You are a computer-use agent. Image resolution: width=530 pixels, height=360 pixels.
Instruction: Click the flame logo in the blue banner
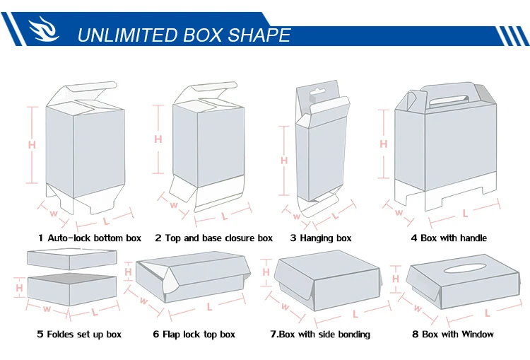pos(44,29)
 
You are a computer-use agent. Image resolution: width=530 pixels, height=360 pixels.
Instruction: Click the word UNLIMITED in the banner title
pos(127,35)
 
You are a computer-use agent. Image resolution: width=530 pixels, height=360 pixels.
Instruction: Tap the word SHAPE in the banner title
pos(259,35)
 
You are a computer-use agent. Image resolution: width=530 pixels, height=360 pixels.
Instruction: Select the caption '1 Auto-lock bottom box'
pos(90,238)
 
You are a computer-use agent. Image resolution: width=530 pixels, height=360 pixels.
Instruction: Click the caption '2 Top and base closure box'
pos(213,238)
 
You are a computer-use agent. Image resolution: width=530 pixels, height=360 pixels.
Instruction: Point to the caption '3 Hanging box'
pos(321,238)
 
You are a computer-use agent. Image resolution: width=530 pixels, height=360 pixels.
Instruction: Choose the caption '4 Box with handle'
pos(449,238)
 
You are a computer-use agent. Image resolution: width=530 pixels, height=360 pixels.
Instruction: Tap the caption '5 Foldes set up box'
pos(79,335)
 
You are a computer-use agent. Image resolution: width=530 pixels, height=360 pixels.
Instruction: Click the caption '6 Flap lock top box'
pos(194,335)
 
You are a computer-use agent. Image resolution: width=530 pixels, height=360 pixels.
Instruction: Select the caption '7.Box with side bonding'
pos(320,335)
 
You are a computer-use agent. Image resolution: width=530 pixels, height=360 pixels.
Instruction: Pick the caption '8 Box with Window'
pos(453,335)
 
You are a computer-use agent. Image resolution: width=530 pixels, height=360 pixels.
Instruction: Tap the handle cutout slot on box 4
pos(449,101)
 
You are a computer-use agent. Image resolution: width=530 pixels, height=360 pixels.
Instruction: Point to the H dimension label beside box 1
pos(32,145)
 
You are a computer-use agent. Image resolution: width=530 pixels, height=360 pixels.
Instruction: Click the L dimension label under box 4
pos(466,214)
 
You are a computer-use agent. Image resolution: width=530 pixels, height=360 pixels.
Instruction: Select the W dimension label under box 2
pos(174,205)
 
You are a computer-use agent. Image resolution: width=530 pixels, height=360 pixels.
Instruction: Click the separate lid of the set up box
pos(72,259)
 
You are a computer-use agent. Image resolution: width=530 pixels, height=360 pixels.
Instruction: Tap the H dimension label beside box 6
pos(128,272)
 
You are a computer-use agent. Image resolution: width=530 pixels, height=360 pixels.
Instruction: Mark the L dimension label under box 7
pos(355,314)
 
